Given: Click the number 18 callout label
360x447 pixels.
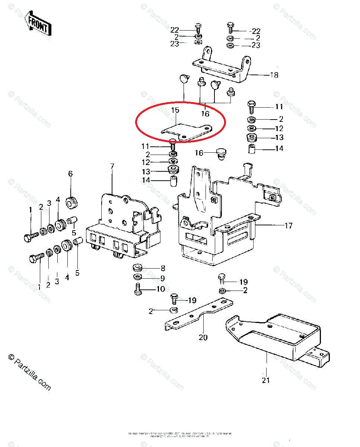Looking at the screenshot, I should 274,75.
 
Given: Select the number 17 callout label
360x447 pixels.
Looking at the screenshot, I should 288,225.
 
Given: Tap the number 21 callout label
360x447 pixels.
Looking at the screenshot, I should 266,380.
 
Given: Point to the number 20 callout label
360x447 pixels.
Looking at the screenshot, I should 203,337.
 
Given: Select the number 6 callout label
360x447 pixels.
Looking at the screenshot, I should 70,174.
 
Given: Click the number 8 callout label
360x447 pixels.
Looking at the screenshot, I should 162,268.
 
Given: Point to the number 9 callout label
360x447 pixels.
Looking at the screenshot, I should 162,278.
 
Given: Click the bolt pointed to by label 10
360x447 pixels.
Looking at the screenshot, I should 137,289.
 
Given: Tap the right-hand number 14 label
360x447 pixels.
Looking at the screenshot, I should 279,149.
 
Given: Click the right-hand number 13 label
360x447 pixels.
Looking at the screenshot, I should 279,137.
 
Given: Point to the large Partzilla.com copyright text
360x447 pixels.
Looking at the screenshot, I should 29,372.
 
